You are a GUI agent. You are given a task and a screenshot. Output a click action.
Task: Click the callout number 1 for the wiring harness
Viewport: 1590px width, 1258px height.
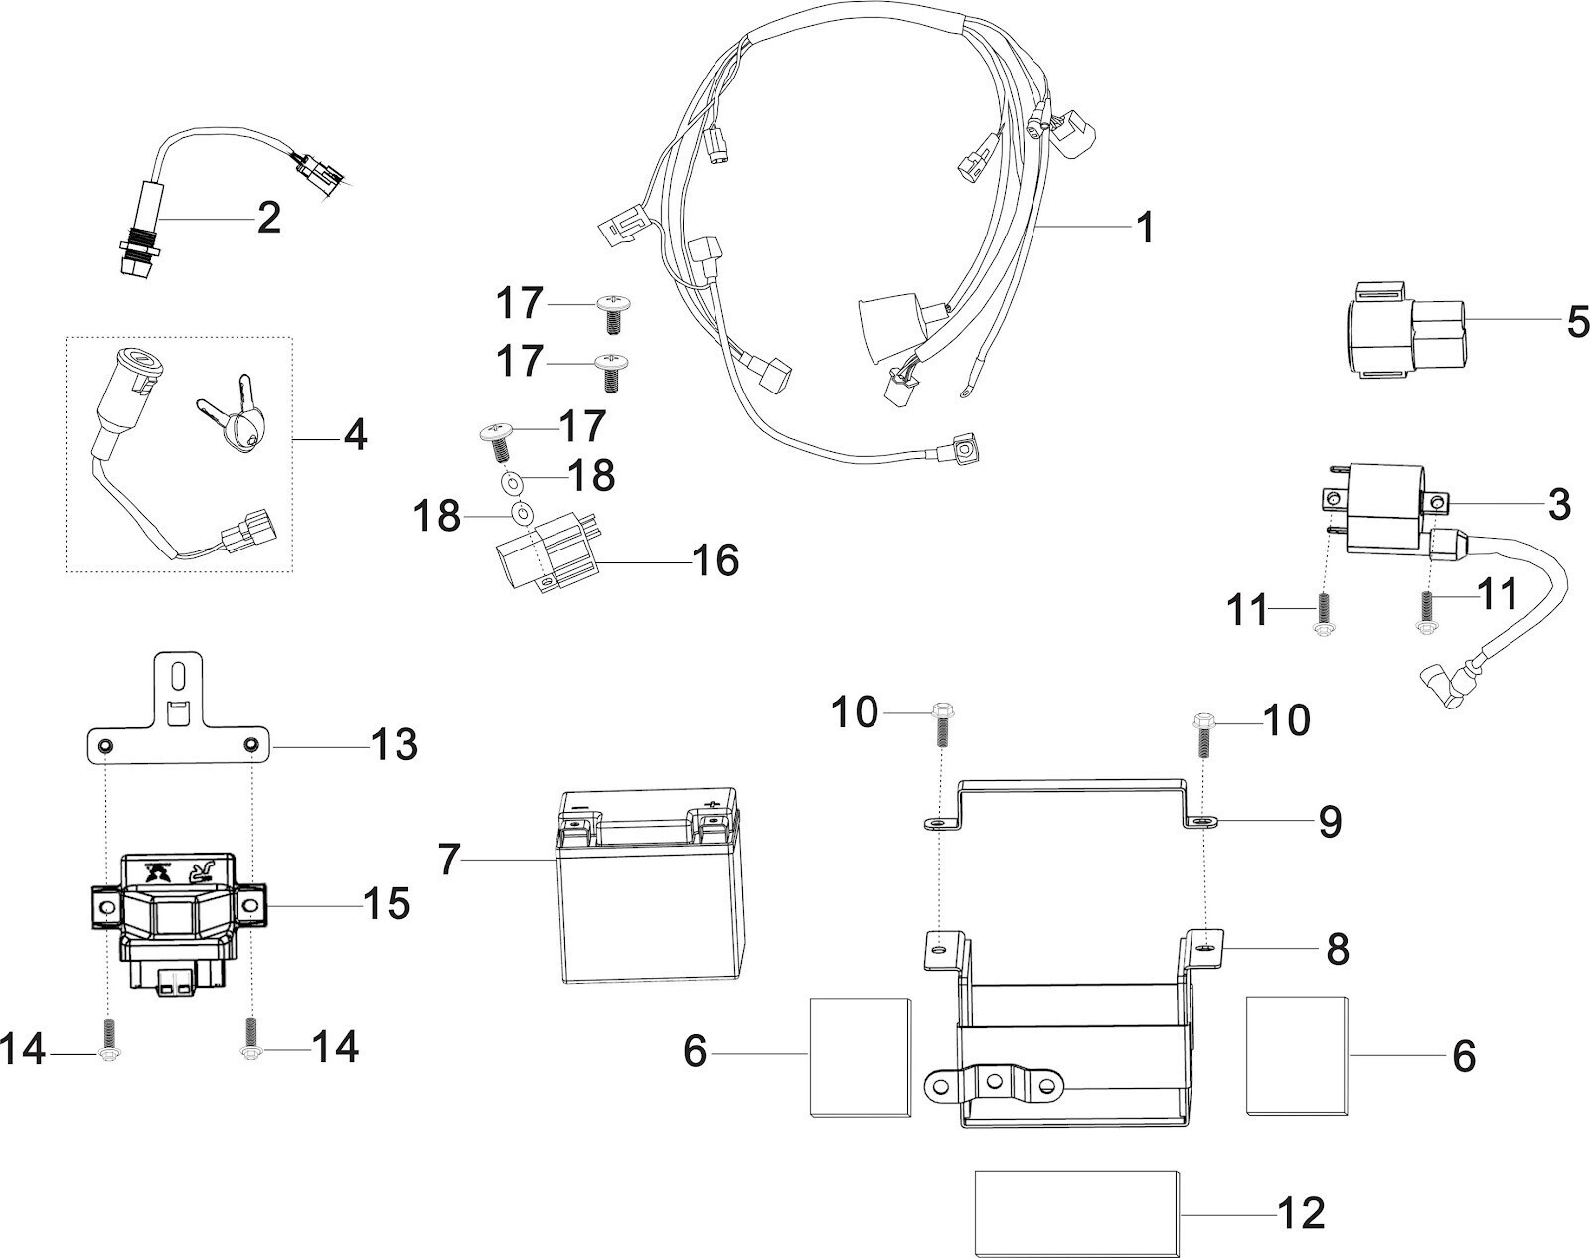[x=1146, y=228]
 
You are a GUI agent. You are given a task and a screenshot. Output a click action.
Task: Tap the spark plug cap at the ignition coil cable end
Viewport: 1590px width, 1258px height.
[x=1444, y=691]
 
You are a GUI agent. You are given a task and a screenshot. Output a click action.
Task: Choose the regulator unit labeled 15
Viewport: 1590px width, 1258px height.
[x=176, y=919]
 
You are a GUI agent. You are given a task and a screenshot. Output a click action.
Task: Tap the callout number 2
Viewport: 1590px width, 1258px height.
[x=268, y=218]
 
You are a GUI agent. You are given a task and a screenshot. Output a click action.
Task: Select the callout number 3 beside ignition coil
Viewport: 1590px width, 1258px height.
[x=1558, y=504]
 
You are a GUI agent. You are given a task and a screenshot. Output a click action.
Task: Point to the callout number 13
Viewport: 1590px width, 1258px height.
[x=394, y=744]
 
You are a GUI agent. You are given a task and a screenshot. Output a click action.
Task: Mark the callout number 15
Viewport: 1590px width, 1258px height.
[x=387, y=903]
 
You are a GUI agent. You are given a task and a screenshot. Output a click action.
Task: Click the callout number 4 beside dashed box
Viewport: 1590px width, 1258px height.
[x=355, y=434]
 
